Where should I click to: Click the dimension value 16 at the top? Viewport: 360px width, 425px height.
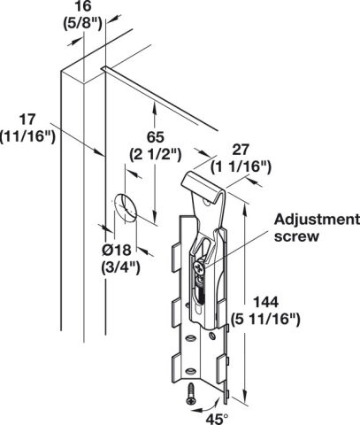click(x=83, y=6)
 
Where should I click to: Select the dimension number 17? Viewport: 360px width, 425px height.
click(x=27, y=120)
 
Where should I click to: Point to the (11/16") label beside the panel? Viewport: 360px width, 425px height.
click(x=28, y=137)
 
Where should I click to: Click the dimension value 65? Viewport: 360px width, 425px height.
click(x=156, y=137)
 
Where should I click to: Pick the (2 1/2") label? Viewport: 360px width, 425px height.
click(x=156, y=155)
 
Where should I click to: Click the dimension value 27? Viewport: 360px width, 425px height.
click(x=241, y=150)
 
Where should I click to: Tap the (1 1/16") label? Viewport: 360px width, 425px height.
click(x=241, y=167)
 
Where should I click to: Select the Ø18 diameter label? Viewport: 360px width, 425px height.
click(x=117, y=251)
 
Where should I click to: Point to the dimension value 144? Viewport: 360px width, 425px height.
click(x=266, y=302)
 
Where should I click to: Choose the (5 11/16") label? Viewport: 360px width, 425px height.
click(x=265, y=320)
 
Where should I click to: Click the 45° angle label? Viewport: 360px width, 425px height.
click(x=217, y=419)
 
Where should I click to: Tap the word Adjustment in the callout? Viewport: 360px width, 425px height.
click(x=317, y=220)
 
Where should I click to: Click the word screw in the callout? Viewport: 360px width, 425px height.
click(x=296, y=236)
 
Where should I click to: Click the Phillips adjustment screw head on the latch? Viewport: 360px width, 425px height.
click(x=199, y=268)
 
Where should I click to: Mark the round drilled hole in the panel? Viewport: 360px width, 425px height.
click(x=126, y=208)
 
